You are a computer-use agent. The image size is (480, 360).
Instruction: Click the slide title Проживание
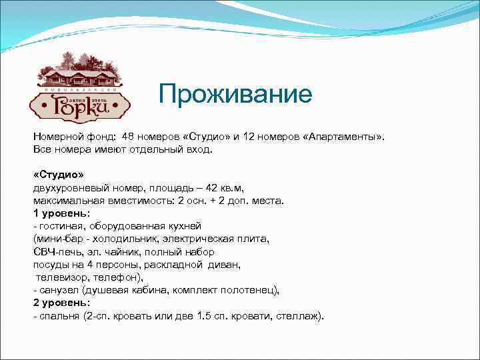tap(235, 94)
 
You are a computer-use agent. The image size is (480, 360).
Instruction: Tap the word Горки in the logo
tap(79, 105)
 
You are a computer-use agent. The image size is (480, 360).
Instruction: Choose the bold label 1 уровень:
tap(61, 213)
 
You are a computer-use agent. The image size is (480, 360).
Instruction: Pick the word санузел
tap(59, 291)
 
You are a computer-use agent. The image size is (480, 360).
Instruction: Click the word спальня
tap(60, 316)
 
